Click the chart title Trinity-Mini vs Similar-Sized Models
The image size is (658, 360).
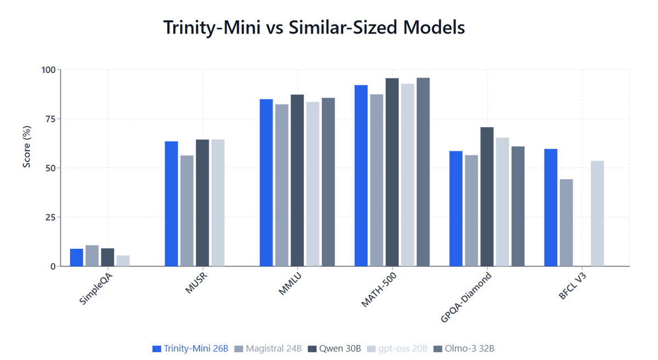[x=314, y=27]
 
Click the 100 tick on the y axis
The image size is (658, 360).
[x=49, y=70]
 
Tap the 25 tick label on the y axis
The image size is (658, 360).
[x=50, y=218]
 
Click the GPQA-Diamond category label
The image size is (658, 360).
[x=466, y=296]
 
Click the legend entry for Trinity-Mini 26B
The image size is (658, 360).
[x=190, y=348]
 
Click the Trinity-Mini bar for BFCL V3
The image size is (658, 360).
[x=551, y=208]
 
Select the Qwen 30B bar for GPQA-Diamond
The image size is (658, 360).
[x=487, y=197]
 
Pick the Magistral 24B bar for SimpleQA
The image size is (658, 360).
[x=92, y=256]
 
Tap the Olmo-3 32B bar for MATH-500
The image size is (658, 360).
[x=423, y=172]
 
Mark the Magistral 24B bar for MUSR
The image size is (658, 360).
[x=187, y=211]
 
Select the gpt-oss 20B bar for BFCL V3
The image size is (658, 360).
[x=597, y=214]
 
